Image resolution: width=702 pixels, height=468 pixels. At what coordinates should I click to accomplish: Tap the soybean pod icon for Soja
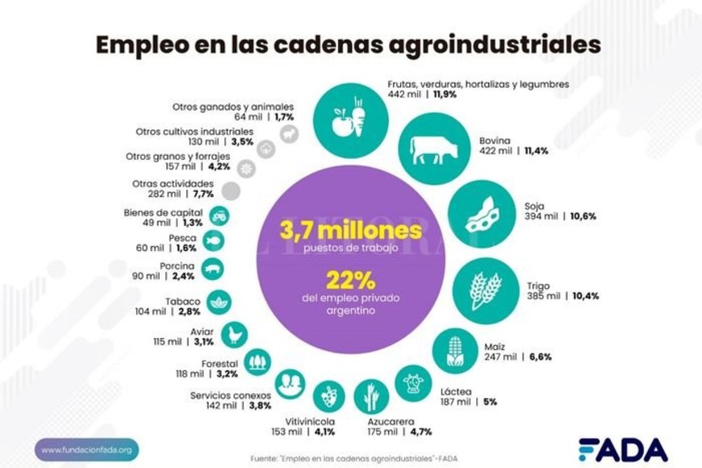pos(482,214)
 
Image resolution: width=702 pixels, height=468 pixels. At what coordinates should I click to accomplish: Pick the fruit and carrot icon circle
pos(348,117)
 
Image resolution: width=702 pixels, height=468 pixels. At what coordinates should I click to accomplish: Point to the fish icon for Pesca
pos(213,240)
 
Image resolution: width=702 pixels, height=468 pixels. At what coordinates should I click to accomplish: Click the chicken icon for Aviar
pos(234,334)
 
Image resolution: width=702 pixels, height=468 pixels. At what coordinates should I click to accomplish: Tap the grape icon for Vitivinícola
pos(328,396)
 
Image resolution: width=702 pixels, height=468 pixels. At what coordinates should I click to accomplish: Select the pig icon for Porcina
pos(213,270)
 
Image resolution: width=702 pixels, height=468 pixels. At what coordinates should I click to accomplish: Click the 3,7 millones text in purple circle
pos(350,231)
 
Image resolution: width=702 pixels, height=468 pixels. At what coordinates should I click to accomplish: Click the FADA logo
pos(623,449)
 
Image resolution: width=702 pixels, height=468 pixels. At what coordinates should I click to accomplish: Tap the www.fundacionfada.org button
pos(86,449)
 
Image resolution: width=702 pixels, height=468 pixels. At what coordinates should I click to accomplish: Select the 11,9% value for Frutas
pos(446,94)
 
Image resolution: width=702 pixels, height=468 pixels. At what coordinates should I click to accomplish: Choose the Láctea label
pos(456,391)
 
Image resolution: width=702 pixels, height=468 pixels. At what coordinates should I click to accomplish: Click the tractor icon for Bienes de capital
pos(219,215)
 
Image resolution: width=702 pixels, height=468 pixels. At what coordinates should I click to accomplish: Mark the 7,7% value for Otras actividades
pos(203,194)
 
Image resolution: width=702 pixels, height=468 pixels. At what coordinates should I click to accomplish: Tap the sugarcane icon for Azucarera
pos(371,396)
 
